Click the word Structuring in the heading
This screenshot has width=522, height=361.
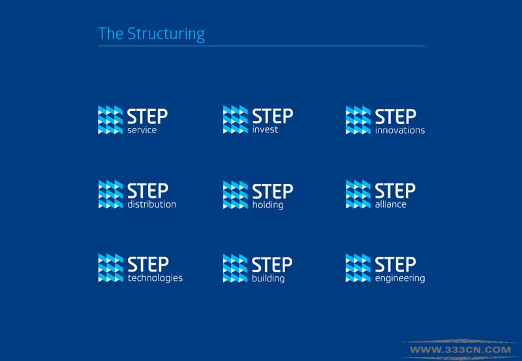[x=166, y=35]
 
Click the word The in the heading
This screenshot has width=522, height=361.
[x=110, y=34]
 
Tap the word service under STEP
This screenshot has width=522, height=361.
[x=142, y=130]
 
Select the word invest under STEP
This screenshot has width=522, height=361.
[x=265, y=129]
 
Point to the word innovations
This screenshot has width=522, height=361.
[x=400, y=130]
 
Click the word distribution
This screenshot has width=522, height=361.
[x=152, y=204]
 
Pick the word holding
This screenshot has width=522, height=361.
[x=268, y=205]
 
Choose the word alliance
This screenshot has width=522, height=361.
[x=390, y=204]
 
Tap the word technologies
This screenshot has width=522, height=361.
[x=155, y=278]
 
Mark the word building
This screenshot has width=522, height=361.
[x=268, y=278]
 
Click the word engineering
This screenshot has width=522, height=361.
[x=400, y=278]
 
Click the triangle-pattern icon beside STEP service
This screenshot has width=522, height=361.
[x=110, y=120]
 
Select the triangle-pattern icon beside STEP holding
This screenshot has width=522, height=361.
[x=236, y=195]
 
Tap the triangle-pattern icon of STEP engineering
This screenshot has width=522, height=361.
[x=358, y=268]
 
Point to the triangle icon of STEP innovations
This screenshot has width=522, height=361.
[x=358, y=120]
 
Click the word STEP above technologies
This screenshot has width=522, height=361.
[x=148, y=264]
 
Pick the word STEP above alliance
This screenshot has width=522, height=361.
[x=395, y=191]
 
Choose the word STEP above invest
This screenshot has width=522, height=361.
[x=273, y=116]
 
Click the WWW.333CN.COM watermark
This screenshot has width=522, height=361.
[x=461, y=350]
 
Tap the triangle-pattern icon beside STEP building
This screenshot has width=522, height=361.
[x=236, y=268]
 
